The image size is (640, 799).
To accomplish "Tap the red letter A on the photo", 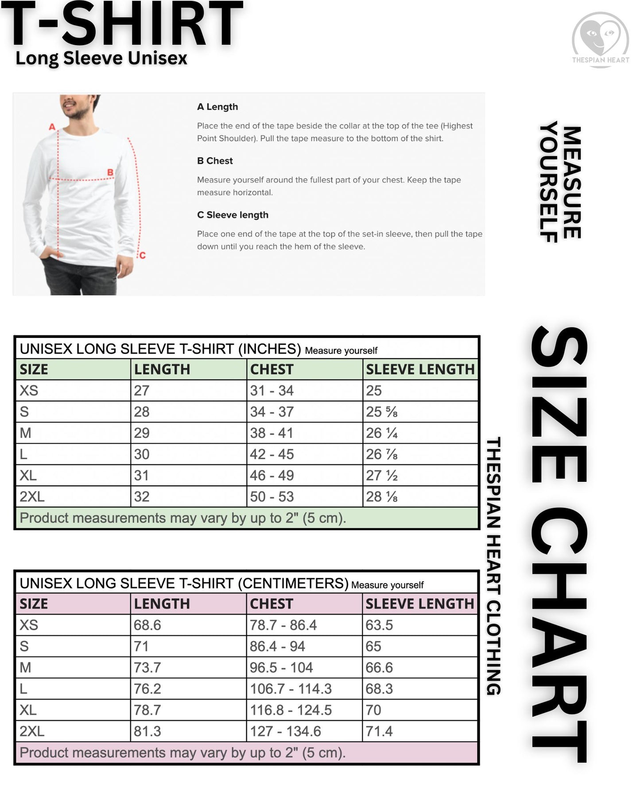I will click(52, 127).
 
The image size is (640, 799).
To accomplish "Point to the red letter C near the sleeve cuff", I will click(142, 255).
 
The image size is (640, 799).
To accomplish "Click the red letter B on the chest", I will click(110, 172).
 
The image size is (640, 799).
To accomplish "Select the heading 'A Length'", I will click(217, 107).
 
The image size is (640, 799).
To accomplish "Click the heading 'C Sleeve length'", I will click(233, 215).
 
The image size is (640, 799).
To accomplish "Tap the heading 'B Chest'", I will click(215, 161).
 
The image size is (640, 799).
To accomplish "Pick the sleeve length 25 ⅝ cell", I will click(382, 412).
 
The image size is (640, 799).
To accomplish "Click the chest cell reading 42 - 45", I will click(272, 454).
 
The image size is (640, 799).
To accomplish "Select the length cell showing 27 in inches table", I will click(142, 391).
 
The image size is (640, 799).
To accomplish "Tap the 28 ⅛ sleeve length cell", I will click(382, 497).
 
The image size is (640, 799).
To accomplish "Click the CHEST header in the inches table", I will click(272, 369).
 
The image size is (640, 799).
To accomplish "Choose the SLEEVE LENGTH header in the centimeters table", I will click(419, 604).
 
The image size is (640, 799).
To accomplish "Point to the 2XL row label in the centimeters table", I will click(32, 731).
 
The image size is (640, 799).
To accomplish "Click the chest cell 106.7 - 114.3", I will click(291, 689).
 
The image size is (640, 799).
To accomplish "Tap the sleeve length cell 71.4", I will click(379, 731).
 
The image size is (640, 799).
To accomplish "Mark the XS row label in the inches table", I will click(29, 391).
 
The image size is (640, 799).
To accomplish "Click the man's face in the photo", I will click(76, 104).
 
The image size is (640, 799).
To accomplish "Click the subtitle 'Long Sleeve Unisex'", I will click(101, 58).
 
